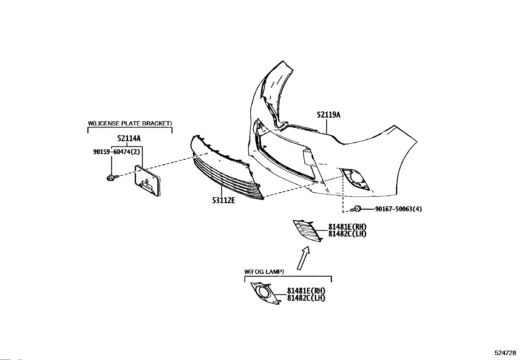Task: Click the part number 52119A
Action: point(328,115)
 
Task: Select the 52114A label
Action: point(129,139)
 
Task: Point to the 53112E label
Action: point(224,200)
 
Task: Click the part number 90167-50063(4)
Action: point(398,209)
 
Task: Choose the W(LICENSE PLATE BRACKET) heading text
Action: point(130,123)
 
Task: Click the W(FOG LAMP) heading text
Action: point(264,272)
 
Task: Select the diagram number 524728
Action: point(505,353)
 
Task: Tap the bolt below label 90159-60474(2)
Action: point(111,178)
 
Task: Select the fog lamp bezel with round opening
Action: point(265,293)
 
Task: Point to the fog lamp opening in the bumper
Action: point(355,179)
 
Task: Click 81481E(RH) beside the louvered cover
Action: point(347,227)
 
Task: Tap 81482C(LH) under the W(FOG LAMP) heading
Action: point(306,298)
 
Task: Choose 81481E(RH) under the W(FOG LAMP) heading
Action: point(306,291)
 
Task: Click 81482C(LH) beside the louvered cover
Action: point(347,234)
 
